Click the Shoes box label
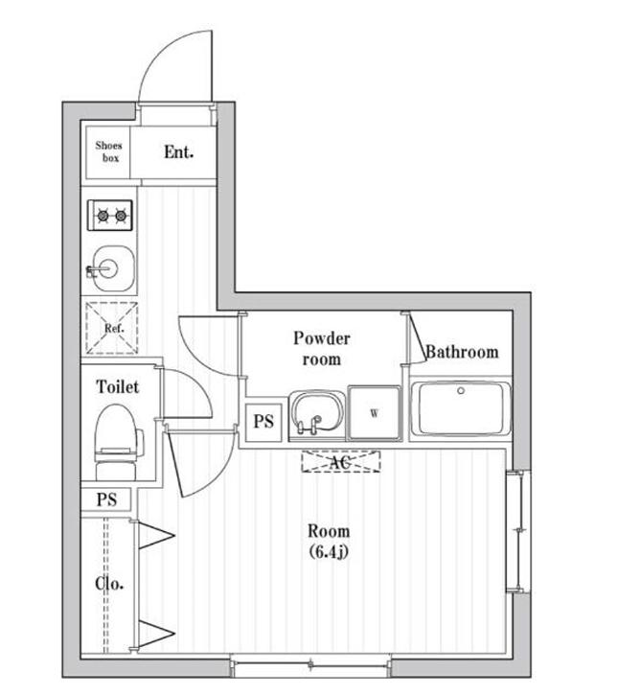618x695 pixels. pos(109,151)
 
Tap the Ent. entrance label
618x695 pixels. pos(178,152)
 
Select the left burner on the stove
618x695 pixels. pos(103,216)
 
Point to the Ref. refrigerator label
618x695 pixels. pos(114,329)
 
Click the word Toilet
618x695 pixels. pos(118,386)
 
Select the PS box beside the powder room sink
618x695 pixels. pos(263,423)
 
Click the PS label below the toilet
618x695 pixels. pos(106,499)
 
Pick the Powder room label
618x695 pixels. pos(322,348)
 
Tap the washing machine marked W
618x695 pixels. pos(375,413)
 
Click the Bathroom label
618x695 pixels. pos(462,352)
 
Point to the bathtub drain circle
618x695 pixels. pos(461,391)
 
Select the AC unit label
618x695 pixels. pos(340,463)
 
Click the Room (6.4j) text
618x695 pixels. pos(329,542)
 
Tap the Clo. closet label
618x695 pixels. pos(109,584)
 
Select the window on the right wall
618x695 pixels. pos(518,531)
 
